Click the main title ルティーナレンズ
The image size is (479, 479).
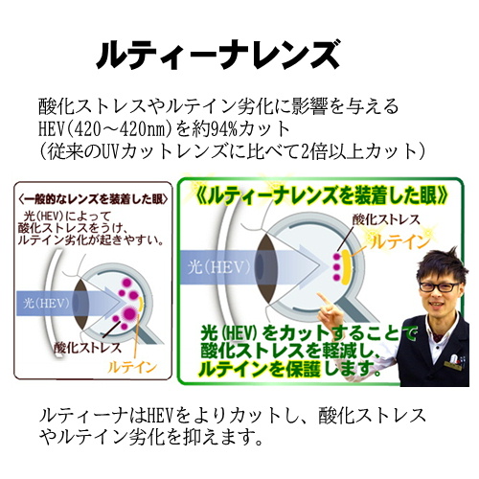tap(217, 55)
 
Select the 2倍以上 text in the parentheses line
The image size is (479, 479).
tap(332, 152)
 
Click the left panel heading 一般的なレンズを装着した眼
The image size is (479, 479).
tap(93, 199)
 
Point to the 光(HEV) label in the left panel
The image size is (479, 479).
tap(46, 303)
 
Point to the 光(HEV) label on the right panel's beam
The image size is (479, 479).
tap(218, 266)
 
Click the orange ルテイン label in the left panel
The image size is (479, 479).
tap(132, 367)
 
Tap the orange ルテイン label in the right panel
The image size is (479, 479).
tap(399, 241)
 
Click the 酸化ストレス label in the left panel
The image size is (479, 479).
tap(87, 348)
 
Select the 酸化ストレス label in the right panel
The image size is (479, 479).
tap(386, 219)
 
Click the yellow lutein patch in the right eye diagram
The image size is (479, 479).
tap(346, 267)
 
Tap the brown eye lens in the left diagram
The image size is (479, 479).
tap(80, 304)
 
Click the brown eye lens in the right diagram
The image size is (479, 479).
tap(267, 268)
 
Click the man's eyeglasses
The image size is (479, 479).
tap(440, 286)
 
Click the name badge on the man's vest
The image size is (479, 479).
tap(452, 366)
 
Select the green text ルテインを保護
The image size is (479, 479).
tap(260, 369)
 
